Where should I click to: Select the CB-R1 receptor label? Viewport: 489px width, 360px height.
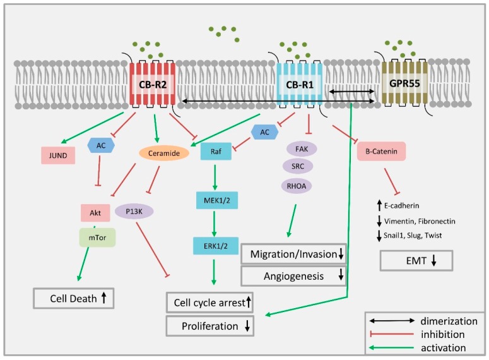point(300,83)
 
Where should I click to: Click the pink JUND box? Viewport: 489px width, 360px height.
point(58,153)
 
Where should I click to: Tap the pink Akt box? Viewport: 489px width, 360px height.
point(95,213)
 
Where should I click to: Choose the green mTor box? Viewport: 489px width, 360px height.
point(97,237)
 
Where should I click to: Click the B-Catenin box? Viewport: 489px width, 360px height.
point(381,152)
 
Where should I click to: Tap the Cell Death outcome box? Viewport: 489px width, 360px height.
point(74,297)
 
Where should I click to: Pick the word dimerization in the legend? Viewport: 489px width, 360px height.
point(449,321)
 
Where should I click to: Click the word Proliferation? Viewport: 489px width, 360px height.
point(199,326)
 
